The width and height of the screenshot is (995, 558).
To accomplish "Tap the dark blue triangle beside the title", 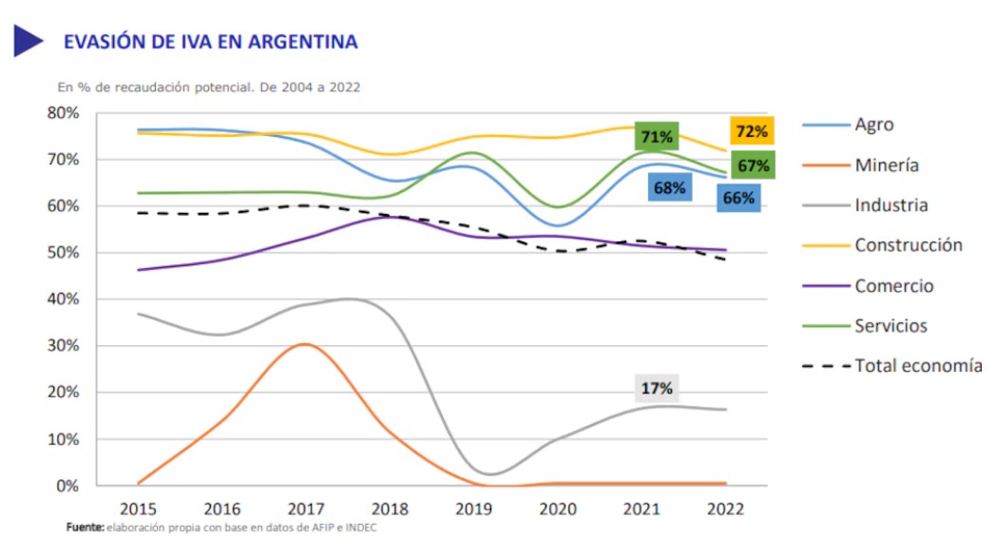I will point(29,41).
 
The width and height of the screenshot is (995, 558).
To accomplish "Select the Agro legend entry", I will point(873,125).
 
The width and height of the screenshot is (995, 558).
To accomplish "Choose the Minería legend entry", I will point(886,164).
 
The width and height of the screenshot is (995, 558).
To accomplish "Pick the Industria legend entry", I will point(890,204).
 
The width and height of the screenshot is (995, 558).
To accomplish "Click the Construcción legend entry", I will point(908,245).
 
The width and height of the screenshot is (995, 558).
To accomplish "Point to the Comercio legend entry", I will point(893,286).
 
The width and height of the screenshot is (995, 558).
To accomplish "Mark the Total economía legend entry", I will point(917,366).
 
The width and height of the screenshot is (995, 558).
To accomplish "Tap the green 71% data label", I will point(657,137).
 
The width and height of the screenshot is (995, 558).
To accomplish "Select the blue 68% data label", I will point(669,187).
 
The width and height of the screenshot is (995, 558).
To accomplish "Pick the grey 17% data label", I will point(657,388).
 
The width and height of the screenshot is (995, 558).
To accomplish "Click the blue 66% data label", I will point(738,198).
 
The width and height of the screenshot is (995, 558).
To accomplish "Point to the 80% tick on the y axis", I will point(64,113).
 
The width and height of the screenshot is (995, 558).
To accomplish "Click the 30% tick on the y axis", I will point(64,346).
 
